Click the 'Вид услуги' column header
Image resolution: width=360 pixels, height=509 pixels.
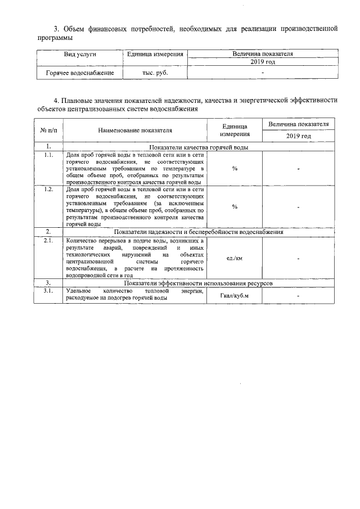80,54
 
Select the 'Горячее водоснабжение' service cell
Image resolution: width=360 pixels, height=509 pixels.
80,73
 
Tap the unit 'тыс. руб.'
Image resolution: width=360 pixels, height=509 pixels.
155,73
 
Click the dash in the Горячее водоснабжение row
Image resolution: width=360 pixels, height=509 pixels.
262,73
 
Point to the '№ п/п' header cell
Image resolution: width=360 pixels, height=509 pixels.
48,130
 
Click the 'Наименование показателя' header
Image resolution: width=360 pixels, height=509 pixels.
134,130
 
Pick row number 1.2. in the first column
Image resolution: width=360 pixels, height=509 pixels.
48,190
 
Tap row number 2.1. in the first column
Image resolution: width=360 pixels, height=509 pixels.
48,241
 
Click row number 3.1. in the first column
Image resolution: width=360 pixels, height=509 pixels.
48,291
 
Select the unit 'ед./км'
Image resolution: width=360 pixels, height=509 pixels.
234,258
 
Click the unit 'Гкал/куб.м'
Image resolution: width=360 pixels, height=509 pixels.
235,296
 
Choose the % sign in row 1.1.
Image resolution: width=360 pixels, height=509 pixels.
234,168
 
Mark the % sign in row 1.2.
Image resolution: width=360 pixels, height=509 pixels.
234,206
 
